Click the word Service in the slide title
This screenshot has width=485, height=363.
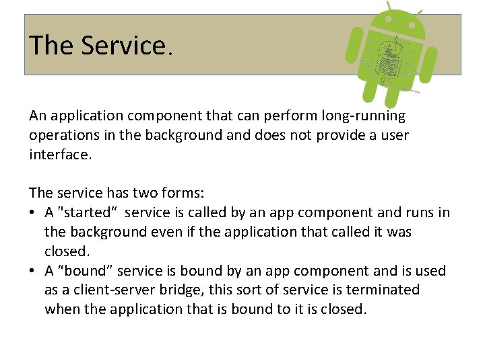(125, 46)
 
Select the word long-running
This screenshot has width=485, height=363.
(364, 116)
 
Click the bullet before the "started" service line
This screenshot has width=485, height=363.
(33, 213)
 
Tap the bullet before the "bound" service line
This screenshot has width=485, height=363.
(33, 271)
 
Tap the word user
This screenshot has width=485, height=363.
(393, 135)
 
